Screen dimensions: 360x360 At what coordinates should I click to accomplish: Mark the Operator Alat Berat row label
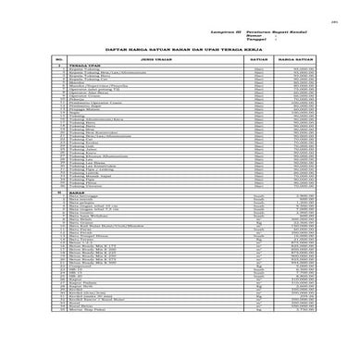[90, 94]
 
